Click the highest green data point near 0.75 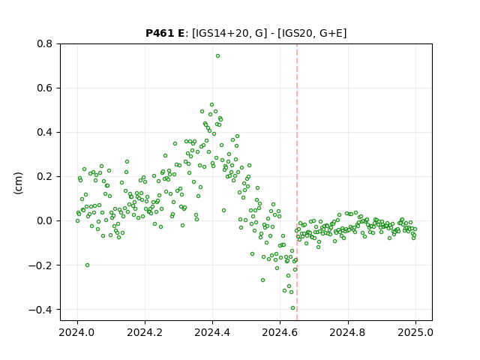coord(217,56)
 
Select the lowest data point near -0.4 coord(292,308)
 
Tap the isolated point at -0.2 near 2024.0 coord(87,265)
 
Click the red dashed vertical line coord(297,182)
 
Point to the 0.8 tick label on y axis coord(46,43)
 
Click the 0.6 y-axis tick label coord(46,88)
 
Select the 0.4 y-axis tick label coord(46,132)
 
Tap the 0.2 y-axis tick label coord(46,177)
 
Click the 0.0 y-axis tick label coord(46,220)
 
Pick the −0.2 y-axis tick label coord(42,265)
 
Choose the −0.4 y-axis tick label coord(42,310)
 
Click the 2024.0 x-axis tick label coord(77,332)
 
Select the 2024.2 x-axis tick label coord(145,332)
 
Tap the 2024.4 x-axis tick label coord(212,332)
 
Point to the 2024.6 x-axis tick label coord(280,332)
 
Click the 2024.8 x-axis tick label coord(347,332)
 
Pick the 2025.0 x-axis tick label coord(415,332)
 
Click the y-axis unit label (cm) coord(18,183)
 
